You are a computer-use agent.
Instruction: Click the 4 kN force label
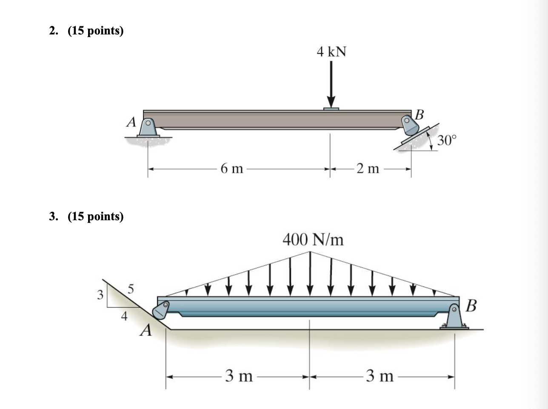tap(331, 52)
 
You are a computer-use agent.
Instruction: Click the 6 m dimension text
tap(232, 169)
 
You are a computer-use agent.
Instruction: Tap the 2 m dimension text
tap(368, 169)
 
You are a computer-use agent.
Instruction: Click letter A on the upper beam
tap(131, 122)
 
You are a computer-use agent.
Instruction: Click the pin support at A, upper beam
tap(148, 128)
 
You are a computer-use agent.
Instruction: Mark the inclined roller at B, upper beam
tap(411, 128)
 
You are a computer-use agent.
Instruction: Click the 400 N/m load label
tap(313, 240)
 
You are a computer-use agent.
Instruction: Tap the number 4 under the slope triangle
tap(124, 316)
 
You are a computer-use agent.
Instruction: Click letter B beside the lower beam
tap(471, 306)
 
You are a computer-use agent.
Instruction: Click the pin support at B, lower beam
tap(455, 317)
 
